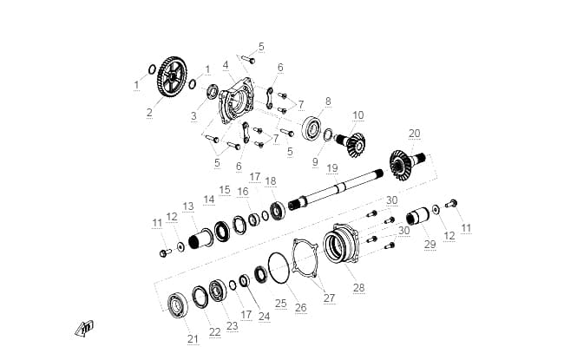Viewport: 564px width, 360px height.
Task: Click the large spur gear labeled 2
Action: [x=172, y=76]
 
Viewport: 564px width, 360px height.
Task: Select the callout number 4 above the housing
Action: [x=226, y=65]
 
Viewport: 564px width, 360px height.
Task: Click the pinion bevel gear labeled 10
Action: [x=351, y=143]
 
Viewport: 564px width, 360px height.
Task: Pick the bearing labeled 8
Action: [x=312, y=127]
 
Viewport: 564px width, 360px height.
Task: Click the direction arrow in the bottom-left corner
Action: [x=84, y=329]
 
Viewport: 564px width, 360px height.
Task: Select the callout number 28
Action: [x=359, y=288]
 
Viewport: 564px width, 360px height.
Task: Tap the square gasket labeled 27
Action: [x=305, y=259]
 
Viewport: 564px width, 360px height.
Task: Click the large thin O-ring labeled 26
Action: [x=279, y=267]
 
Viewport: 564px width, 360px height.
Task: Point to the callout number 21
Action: [x=193, y=338]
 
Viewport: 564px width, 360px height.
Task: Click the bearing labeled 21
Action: [x=178, y=305]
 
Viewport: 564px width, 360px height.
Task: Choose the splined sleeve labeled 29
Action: [x=417, y=216]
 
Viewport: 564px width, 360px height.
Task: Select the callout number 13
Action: [x=188, y=206]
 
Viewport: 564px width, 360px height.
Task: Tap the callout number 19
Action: [x=332, y=168]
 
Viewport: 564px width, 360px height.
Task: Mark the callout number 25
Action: [x=281, y=303]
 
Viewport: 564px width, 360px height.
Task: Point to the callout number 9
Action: [x=315, y=162]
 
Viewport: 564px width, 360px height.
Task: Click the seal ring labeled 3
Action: [x=213, y=91]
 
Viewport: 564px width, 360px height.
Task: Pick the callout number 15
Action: [x=225, y=189]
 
